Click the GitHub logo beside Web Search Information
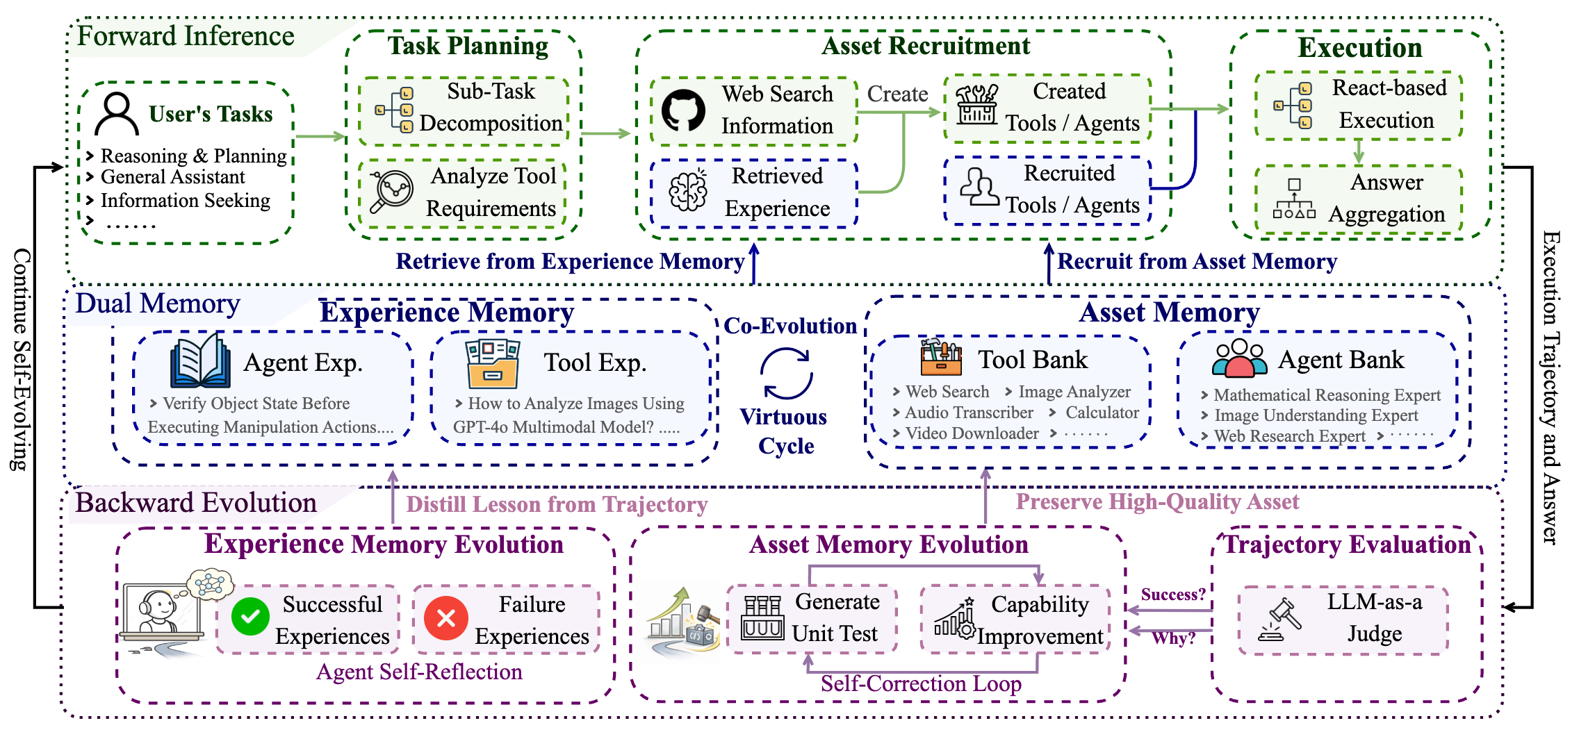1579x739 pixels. click(682, 110)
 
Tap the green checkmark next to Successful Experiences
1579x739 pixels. click(250, 617)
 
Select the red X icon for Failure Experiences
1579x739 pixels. click(446, 617)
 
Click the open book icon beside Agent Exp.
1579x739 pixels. click(200, 360)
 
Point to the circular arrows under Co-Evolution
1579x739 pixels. click(787, 373)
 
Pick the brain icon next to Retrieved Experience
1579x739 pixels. click(688, 190)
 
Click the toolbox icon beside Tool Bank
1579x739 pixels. click(941, 357)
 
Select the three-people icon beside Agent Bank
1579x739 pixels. click(1239, 358)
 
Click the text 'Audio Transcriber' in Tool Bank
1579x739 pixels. click(969, 413)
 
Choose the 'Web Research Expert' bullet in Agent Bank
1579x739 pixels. click(1289, 436)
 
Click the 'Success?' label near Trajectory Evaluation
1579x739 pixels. click(1173, 595)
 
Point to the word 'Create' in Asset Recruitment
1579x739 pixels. click(897, 94)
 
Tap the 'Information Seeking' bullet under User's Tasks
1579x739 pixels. click(185, 201)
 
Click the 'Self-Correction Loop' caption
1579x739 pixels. click(921, 683)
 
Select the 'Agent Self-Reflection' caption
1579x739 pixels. click(419, 672)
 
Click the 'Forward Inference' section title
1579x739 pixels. click(186, 36)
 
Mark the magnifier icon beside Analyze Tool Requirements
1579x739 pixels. click(391, 191)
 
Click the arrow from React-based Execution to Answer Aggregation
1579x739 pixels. click(1358, 151)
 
